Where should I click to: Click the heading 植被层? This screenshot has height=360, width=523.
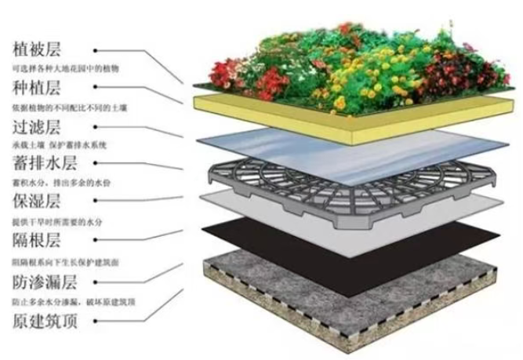[x=38, y=50]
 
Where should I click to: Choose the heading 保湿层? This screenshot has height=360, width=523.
[x=38, y=202]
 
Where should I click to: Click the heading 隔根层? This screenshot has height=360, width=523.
[x=38, y=241]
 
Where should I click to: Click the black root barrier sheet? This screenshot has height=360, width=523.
[x=353, y=235]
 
